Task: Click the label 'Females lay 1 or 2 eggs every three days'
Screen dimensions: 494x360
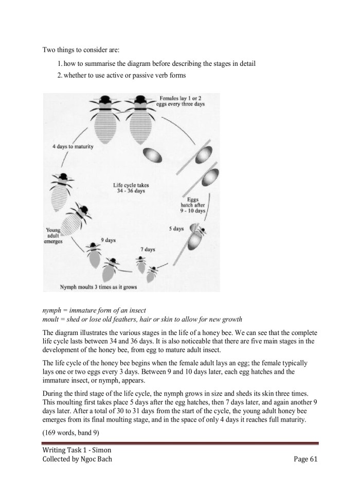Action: tap(182, 100)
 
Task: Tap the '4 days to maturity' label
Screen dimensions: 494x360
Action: tap(73, 147)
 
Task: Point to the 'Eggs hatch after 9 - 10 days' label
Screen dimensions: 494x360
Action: tap(193, 205)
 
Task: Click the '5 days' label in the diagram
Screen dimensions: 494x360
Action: tap(176, 228)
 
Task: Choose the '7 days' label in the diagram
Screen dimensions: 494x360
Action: tap(148, 249)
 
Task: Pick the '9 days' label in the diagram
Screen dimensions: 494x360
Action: tap(108, 240)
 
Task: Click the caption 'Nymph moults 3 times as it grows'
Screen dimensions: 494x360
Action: tap(98, 287)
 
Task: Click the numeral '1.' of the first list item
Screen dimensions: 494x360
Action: tap(60, 63)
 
